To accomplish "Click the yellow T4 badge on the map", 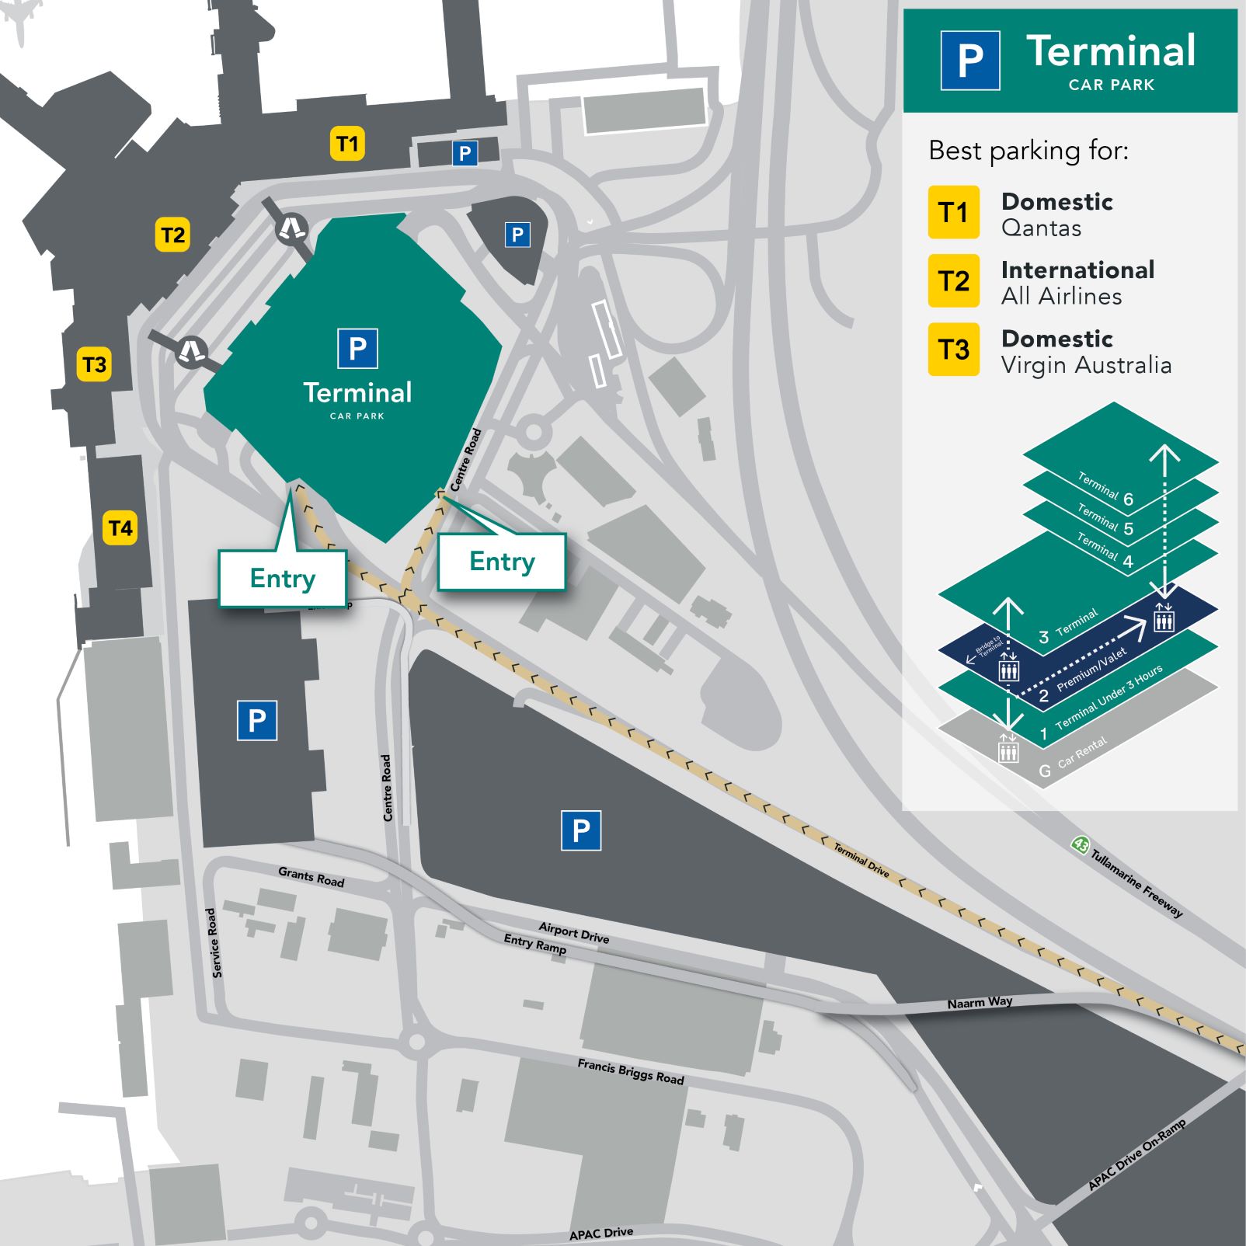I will [x=120, y=528].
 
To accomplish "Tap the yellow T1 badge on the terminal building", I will [x=347, y=144].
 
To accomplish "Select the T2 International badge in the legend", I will [x=953, y=280].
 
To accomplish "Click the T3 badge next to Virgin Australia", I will [x=953, y=350].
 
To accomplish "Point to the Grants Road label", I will [x=311, y=877].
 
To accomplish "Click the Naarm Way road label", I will [x=980, y=1003].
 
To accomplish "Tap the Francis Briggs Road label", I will [x=630, y=1071].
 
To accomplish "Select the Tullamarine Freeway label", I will [x=1136, y=883].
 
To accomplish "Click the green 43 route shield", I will [x=1079, y=844].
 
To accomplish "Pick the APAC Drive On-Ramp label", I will [x=1136, y=1154].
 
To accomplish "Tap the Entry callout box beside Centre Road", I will [x=502, y=562].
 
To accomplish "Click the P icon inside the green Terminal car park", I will [x=357, y=348].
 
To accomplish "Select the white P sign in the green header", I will [x=969, y=61].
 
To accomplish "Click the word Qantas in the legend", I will [x=1041, y=228].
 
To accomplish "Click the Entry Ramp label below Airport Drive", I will [x=534, y=944].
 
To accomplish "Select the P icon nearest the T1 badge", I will [x=465, y=153].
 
